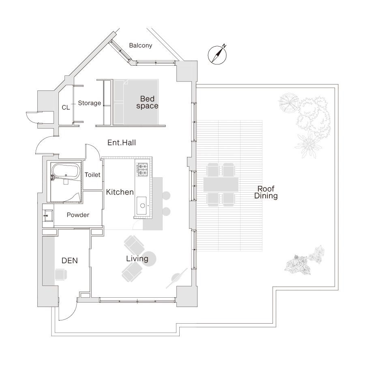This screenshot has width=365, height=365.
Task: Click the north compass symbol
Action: coord(217,55)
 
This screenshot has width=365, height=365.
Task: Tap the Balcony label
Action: coord(141,45)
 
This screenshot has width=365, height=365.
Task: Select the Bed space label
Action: coord(147,102)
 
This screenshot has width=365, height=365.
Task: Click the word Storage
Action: coord(89,103)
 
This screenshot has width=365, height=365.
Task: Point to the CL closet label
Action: coord(66,107)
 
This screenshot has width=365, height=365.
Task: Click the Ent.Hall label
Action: coord(122,143)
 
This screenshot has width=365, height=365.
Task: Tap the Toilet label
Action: coord(92,175)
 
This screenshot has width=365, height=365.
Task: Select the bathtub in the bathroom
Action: coord(65,172)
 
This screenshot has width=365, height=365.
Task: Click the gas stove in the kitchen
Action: coord(142,169)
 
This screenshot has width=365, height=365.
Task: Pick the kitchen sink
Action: coord(142,206)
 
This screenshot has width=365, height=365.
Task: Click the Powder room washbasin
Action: coord(48,215)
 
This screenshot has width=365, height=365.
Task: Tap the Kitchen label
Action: coord(120,192)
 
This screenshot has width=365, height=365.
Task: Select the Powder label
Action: coord(78,215)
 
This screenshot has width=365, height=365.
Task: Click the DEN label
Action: coord(70,261)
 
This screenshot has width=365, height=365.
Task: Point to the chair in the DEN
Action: coord(61,275)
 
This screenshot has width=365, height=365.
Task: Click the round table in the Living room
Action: coord(148,259)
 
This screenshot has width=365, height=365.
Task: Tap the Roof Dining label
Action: coord(266,192)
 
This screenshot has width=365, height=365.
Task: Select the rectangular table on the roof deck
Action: coord(221,185)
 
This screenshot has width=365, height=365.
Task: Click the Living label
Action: coord(137,259)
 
